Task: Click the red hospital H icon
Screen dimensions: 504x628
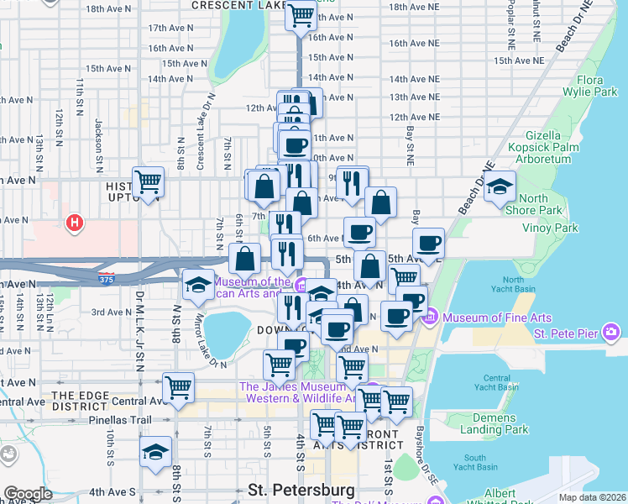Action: [75, 223]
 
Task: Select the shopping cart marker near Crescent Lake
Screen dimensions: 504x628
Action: [300, 14]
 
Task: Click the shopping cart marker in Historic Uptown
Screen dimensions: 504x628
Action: [148, 181]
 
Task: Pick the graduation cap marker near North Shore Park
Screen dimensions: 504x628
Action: [500, 186]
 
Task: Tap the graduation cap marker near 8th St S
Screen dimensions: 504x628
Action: [155, 452]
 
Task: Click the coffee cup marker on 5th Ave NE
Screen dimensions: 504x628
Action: [428, 243]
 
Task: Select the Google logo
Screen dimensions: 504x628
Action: [27, 494]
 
